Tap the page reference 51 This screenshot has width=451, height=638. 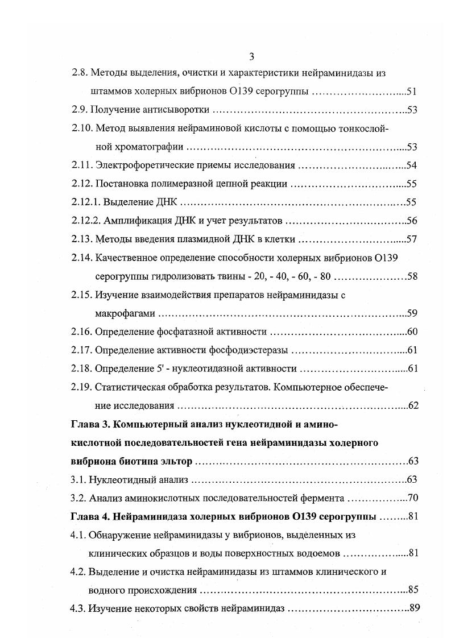[x=413, y=92]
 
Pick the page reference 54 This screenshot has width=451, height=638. [x=413, y=165]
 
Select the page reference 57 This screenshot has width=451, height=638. [x=413, y=239]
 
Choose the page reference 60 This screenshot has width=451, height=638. [x=413, y=332]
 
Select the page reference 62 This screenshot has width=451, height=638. [x=413, y=405]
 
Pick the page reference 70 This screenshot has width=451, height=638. [x=413, y=498]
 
